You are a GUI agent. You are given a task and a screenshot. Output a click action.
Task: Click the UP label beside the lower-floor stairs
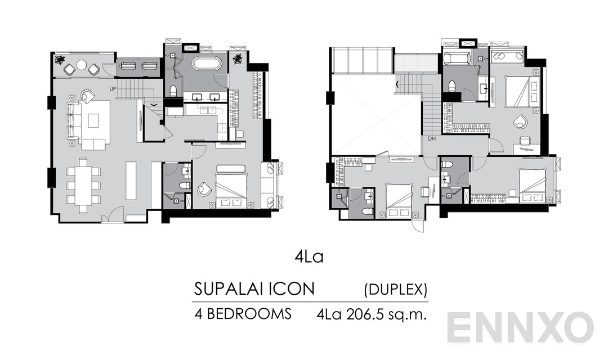tap(113, 89)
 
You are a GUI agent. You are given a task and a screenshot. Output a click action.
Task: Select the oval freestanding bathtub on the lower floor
tap(207, 62)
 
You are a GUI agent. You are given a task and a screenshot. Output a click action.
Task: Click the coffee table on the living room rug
tap(93, 120)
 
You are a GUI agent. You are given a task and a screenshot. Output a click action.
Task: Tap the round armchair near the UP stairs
tap(87, 96)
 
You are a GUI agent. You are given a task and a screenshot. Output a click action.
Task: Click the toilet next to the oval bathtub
tap(174, 90)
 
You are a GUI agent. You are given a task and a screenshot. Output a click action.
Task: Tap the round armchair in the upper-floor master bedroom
tap(520, 120)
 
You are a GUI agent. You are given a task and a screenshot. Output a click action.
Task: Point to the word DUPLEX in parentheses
tap(395, 290)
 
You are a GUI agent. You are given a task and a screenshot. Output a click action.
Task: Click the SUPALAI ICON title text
tap(254, 289)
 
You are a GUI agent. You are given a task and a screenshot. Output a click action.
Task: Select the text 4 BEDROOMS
tap(243, 314)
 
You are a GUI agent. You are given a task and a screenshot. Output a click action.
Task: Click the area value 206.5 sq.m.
tap(388, 314)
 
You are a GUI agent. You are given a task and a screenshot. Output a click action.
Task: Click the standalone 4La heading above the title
tap(309, 257)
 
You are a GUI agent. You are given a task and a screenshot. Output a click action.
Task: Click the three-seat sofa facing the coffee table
tap(73, 120)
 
